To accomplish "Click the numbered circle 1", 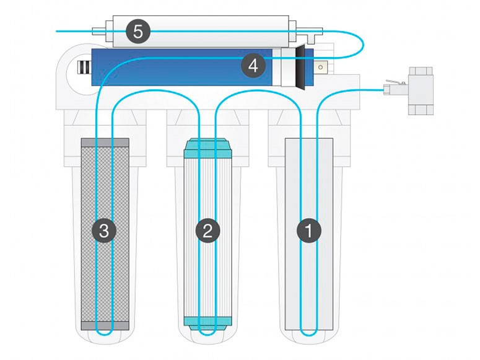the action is coord(309,230).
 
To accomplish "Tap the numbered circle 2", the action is coord(207,230).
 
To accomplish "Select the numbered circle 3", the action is coord(104,230).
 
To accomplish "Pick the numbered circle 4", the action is coord(253,66).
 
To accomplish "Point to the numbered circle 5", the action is coord(138,31).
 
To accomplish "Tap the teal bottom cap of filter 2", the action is coord(207,323).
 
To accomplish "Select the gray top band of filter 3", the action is coord(105,143).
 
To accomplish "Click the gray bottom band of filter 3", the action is coord(105,326).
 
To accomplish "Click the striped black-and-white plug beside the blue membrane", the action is coord(84,67).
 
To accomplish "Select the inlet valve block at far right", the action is coord(421,90).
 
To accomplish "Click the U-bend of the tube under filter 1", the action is coord(309,335).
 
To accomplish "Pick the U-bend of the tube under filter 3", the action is coord(104,335).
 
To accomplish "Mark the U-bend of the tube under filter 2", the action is coord(207,335).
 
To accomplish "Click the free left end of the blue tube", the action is coord(56,31).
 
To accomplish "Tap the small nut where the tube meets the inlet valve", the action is coord(388,90).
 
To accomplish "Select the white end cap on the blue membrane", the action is coord(288,67).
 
